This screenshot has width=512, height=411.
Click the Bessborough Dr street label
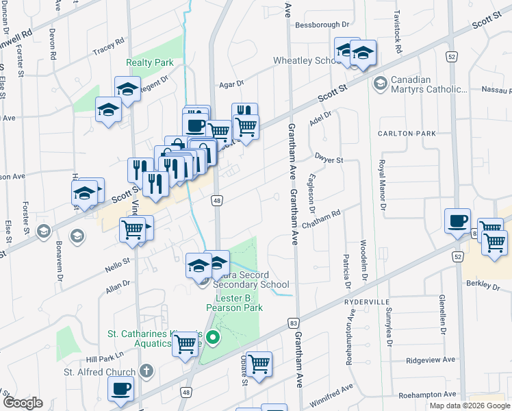322,25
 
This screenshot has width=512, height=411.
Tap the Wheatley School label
305,60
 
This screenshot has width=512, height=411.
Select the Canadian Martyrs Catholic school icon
380,84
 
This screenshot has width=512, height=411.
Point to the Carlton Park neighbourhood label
407,134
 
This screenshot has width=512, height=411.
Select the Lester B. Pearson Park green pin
213,336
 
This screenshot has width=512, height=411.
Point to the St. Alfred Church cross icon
145,372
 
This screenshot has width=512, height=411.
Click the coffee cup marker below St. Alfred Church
121,388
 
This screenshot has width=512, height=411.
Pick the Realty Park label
150,62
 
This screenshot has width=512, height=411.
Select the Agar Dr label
231,84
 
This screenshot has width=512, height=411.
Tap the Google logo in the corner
23,403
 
